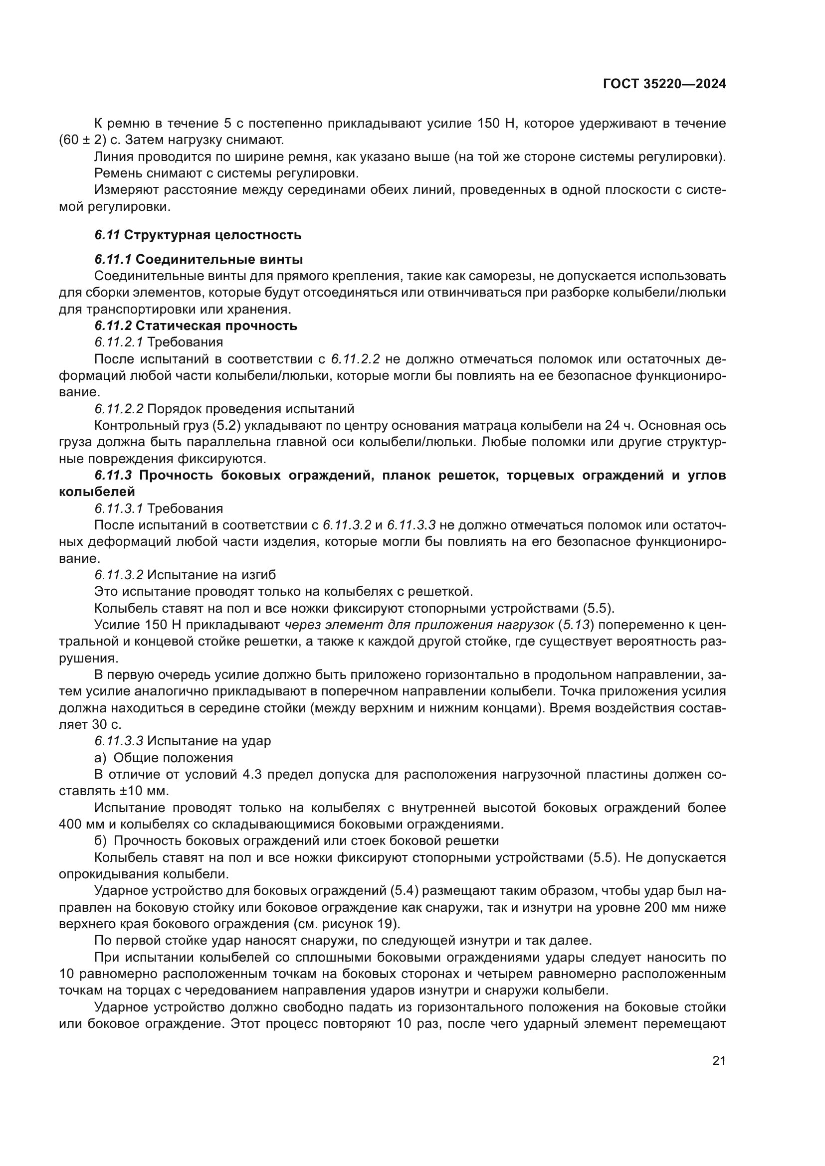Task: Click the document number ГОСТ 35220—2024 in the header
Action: [x=664, y=84]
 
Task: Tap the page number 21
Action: [x=719, y=1060]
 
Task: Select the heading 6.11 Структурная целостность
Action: [x=198, y=235]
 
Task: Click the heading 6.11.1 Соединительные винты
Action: [x=199, y=260]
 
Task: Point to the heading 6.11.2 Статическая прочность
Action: [x=196, y=326]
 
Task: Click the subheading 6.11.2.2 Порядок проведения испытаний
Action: [x=224, y=409]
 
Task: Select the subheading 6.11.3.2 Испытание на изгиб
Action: [x=185, y=575]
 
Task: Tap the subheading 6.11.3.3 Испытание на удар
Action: [x=183, y=741]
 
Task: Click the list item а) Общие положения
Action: [x=164, y=758]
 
